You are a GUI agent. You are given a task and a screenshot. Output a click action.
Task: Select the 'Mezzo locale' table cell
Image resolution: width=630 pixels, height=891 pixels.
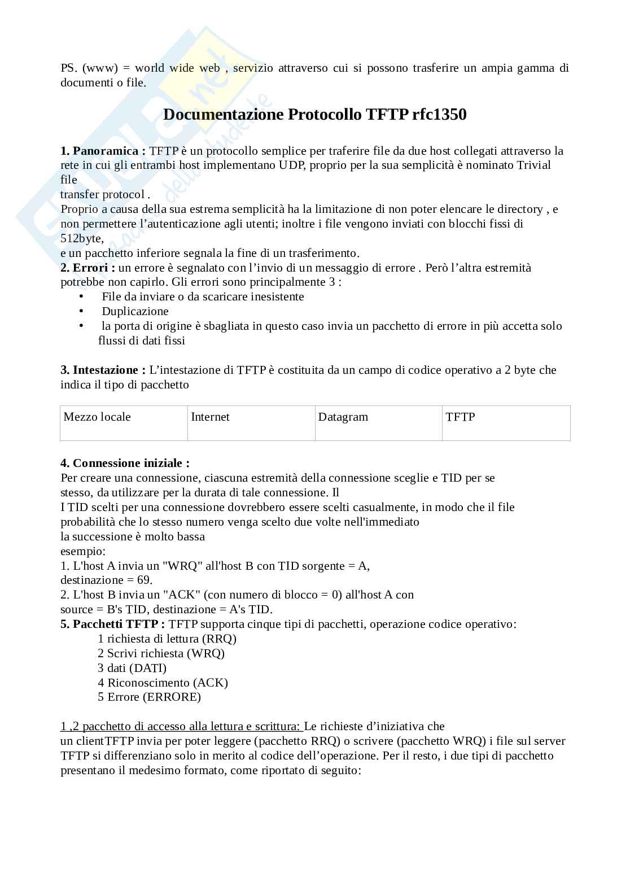coord(124,422)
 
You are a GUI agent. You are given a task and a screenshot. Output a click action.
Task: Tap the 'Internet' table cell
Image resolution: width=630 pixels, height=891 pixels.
coord(251,422)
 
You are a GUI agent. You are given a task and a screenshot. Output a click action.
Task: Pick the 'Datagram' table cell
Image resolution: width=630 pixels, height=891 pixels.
coord(378,422)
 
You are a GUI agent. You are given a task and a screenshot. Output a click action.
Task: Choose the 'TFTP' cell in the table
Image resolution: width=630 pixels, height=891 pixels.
coord(506,422)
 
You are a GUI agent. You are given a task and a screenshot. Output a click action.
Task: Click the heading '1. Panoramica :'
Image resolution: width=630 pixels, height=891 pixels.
coord(103,151)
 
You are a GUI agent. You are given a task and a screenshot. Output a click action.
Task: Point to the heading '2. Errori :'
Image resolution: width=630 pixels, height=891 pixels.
coord(88,268)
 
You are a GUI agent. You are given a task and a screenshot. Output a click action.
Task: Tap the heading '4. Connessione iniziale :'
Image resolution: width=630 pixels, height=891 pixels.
coord(125,463)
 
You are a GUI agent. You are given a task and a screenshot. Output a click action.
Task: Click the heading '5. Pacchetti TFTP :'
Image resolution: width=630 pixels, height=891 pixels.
coord(113,624)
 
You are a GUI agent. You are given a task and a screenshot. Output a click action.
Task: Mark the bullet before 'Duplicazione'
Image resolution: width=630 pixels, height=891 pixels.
coord(82,311)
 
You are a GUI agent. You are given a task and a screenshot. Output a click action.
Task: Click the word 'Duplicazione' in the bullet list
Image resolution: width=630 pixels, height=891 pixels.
coord(135,311)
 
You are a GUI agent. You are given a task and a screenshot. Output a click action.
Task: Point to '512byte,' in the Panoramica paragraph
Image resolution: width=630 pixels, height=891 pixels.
coord(82,238)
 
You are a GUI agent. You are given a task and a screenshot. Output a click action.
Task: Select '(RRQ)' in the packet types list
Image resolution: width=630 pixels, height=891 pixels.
coord(219,639)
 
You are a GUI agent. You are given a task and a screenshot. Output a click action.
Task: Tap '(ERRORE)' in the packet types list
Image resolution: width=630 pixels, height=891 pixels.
coord(172,697)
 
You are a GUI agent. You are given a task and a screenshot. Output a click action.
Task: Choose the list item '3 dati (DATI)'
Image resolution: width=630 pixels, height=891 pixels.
coord(132,668)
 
